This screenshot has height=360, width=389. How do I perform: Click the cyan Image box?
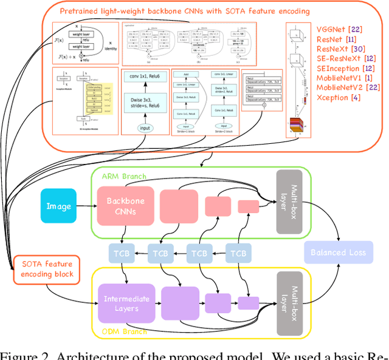58,206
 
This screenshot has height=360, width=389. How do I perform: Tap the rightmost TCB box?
239,253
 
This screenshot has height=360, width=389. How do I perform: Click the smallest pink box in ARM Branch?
248,206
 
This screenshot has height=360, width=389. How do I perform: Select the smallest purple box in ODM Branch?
248,302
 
